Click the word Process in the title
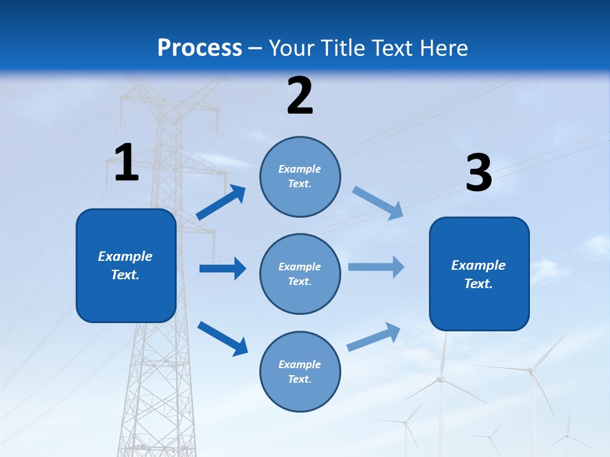[200, 48]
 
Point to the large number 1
[126, 163]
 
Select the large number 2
[300, 96]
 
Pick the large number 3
[478, 173]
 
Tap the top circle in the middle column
[300, 176]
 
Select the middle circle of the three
[300, 274]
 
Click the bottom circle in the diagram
[300, 372]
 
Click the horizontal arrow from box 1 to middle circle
[222, 268]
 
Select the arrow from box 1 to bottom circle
[222, 338]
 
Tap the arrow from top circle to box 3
[377, 202]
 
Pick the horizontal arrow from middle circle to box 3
[376, 267]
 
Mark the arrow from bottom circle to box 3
[374, 336]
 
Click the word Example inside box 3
[478, 265]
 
